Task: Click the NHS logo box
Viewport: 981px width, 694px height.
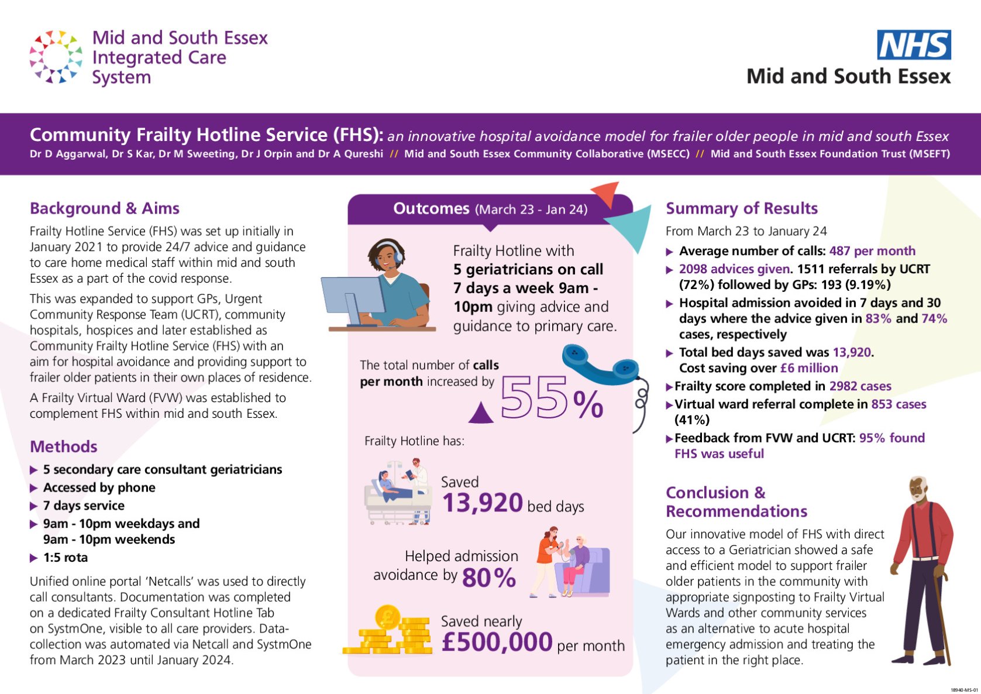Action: (x=914, y=45)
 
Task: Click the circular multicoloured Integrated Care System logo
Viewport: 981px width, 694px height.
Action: (x=56, y=57)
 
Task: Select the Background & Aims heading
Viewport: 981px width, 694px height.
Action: (x=104, y=208)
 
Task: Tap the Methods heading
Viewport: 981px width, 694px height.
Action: (x=63, y=446)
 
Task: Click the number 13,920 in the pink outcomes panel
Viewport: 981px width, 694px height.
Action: (x=482, y=503)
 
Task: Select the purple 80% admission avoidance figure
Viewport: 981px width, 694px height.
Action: (x=489, y=578)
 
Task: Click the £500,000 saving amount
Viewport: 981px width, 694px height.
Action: (x=497, y=642)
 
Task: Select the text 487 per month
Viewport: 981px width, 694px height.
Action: (x=872, y=251)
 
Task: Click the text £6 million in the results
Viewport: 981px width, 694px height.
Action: (x=809, y=368)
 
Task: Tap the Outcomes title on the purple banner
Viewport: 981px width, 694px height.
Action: (x=431, y=209)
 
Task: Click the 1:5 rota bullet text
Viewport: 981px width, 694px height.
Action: (x=66, y=558)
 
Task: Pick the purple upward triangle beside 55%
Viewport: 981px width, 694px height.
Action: (x=481, y=412)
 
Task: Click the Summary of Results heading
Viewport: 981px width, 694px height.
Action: (x=741, y=208)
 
